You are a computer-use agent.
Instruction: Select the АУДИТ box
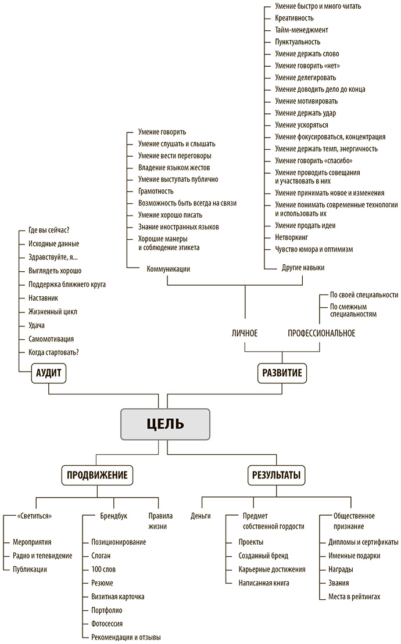pos(48,373)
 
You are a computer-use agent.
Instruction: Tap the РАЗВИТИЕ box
pos(282,373)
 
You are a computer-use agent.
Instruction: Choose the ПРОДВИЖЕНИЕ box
pos(98,475)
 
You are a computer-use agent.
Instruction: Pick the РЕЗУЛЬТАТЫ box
pos(275,475)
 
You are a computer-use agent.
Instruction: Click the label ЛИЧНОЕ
pos(244,333)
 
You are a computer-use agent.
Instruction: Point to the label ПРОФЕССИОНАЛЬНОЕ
pos(321,333)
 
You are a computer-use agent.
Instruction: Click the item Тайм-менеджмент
pos(302,30)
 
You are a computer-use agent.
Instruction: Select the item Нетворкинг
pos(291,238)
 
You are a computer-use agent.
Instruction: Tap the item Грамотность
pos(156,191)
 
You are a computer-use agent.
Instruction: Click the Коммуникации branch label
pos(169,269)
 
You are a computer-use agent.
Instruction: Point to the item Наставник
pos(43,298)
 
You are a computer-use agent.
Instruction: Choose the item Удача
pos(36,325)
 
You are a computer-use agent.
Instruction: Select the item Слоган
pos(102,555)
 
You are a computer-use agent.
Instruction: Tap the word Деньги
pos(201,516)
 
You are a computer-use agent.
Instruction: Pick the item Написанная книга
pos(263,582)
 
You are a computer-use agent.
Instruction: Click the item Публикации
pos(30,569)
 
